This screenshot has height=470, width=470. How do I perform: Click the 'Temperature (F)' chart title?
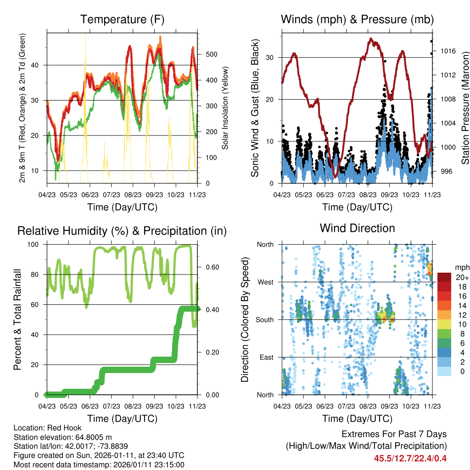click(122, 19)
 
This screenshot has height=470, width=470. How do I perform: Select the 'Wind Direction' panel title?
click(357, 228)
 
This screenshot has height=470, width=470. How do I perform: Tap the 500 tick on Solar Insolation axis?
click(211, 54)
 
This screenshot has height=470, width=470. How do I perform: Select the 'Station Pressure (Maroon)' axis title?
click(464, 108)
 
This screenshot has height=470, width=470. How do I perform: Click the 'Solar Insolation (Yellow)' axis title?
click(225, 108)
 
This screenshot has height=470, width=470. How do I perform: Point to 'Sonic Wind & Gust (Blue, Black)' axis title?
click(255, 108)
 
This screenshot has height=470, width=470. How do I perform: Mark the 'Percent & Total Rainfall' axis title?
click(17, 319)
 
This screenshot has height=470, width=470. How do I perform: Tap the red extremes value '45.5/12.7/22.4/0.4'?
click(410, 459)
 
